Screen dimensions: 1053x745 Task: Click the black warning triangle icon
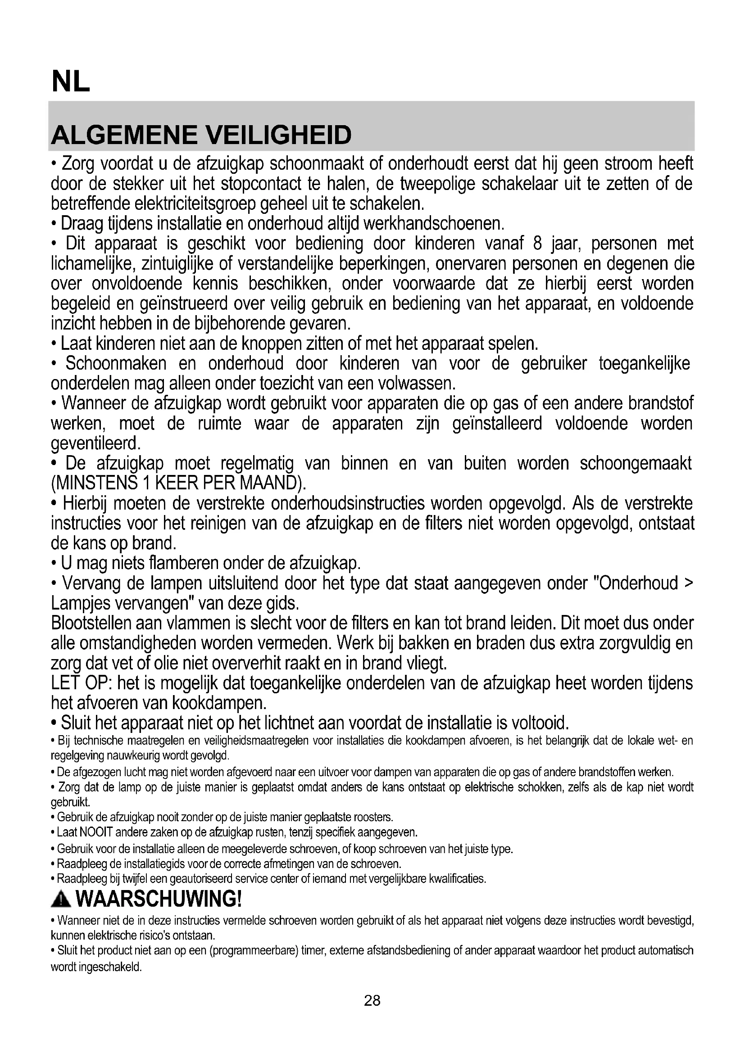(61, 900)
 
